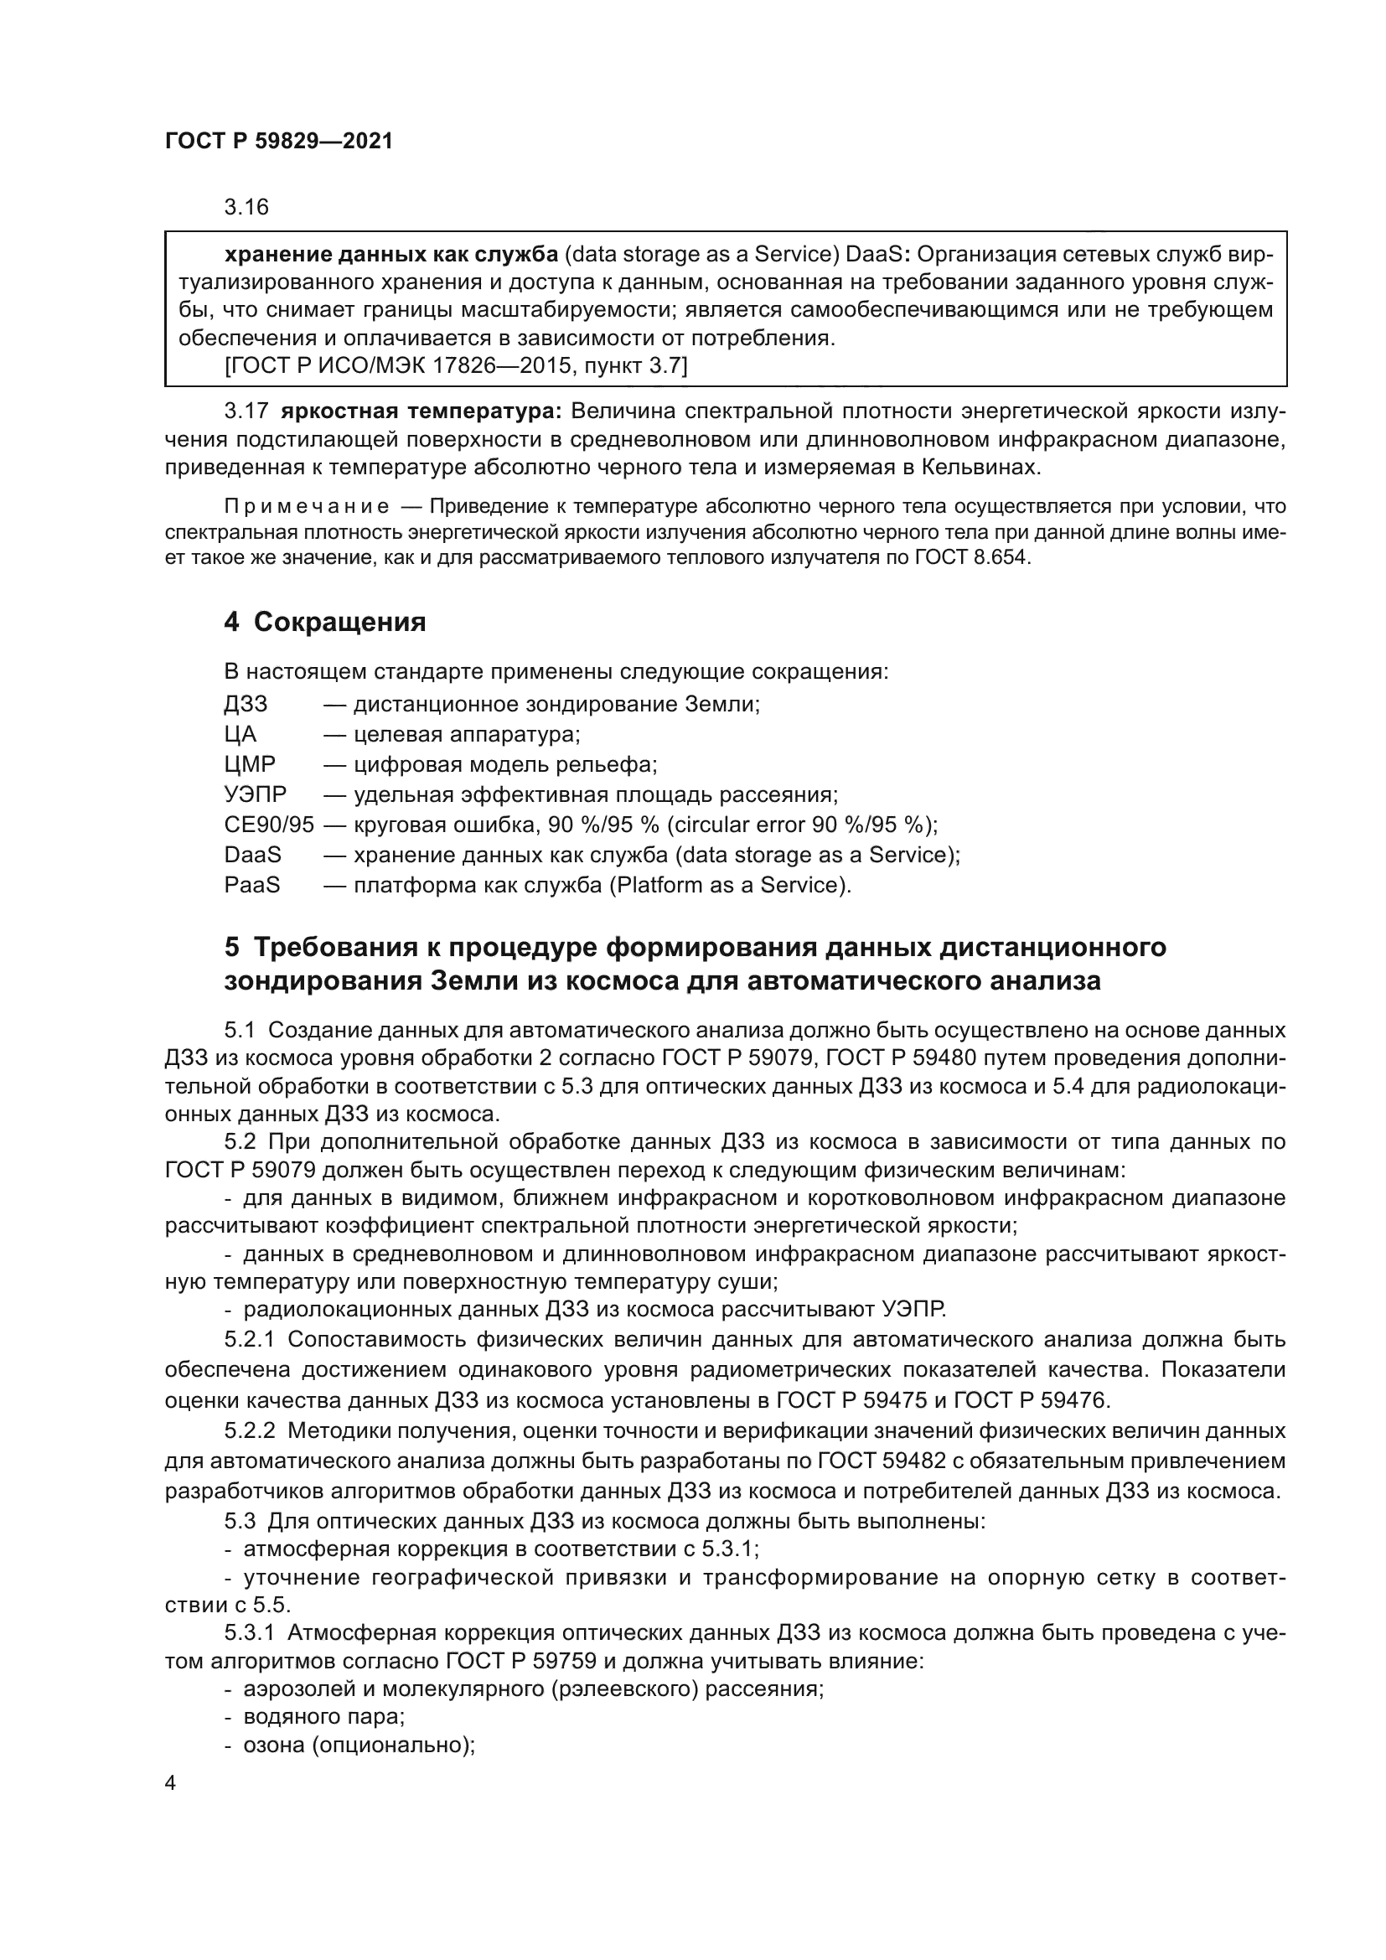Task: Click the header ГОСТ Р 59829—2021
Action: [x=279, y=142]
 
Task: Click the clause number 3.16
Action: [x=246, y=208]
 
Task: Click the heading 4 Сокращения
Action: [x=324, y=623]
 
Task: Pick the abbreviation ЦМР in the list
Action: [x=249, y=764]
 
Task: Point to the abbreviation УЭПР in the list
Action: [x=256, y=794]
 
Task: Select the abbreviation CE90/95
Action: [x=269, y=825]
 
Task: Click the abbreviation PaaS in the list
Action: [x=251, y=885]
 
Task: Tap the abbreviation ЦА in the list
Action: [x=240, y=734]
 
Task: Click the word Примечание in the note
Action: [x=307, y=506]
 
